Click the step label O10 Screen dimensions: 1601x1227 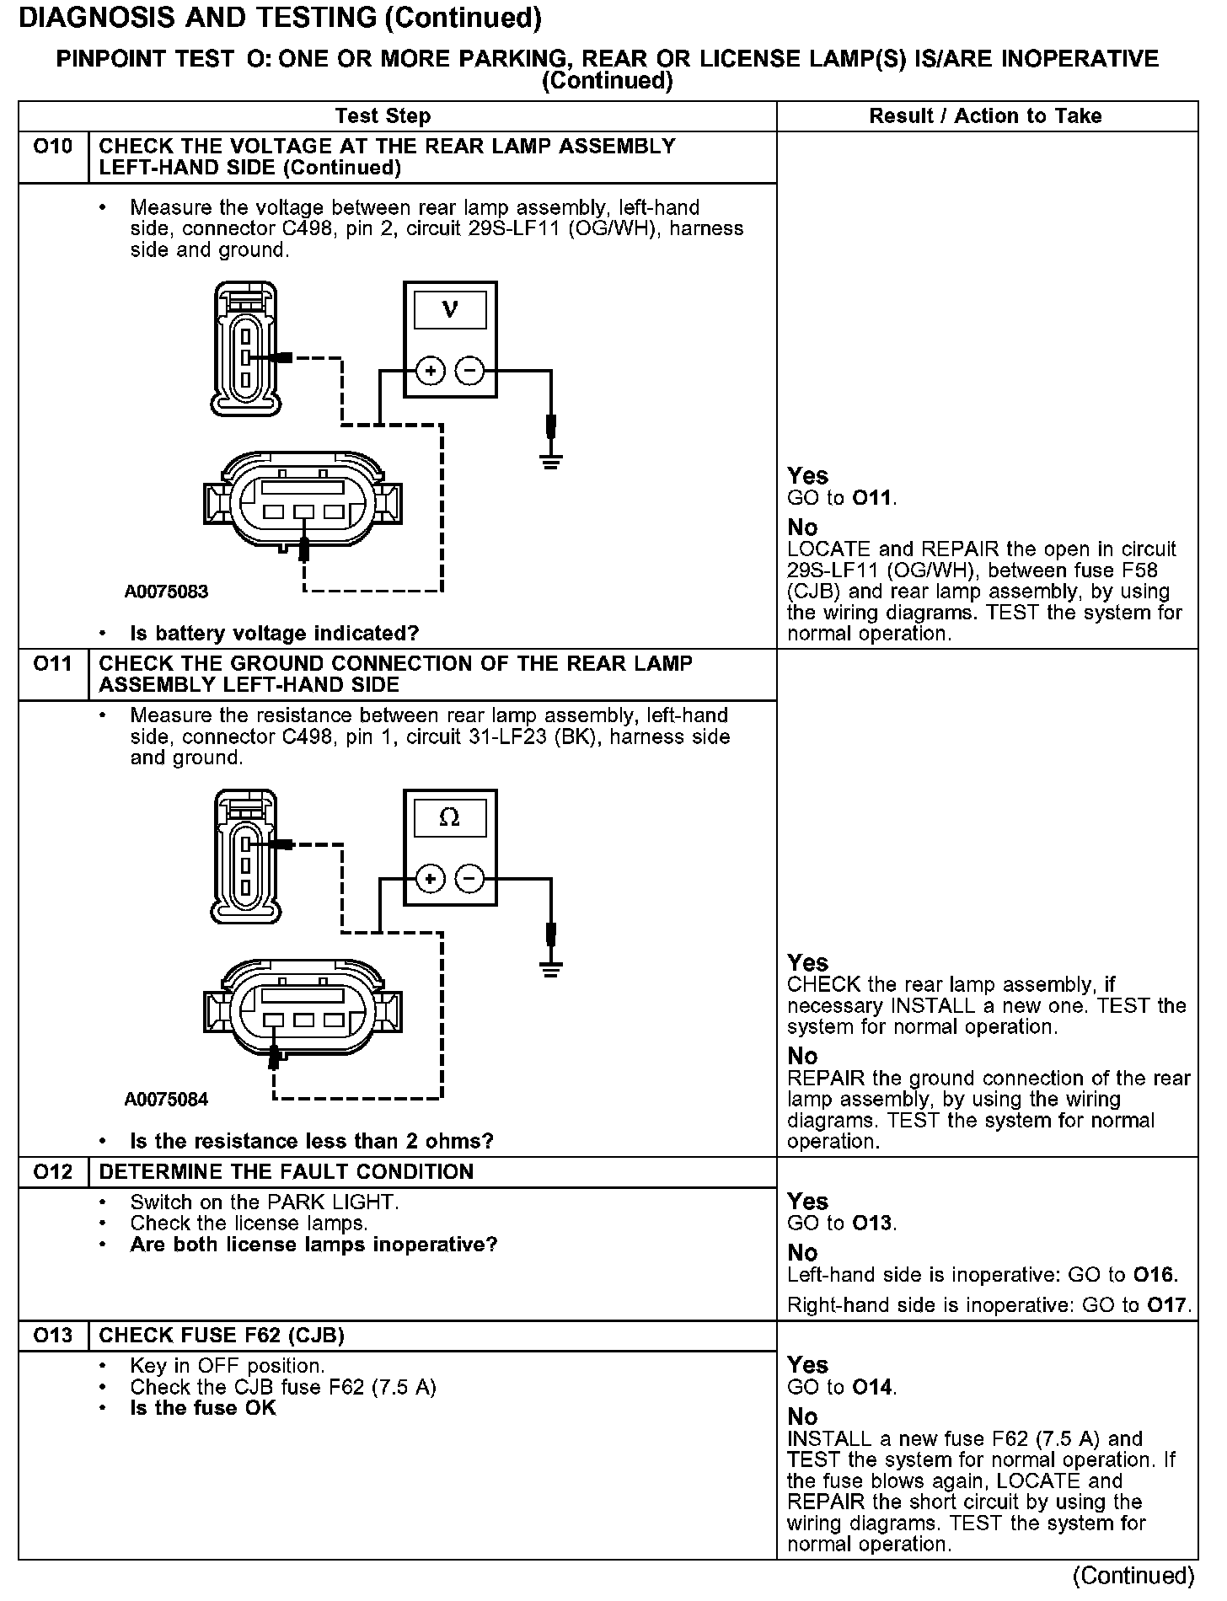[x=53, y=147]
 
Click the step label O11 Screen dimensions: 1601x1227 [x=53, y=664]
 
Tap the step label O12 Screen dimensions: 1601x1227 [x=53, y=1172]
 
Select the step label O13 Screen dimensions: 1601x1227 [x=53, y=1336]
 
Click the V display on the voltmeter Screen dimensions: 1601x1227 [x=450, y=309]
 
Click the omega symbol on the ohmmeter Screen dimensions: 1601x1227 [x=450, y=817]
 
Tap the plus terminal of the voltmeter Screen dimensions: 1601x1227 [x=430, y=371]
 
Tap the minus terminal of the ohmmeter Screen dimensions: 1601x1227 [x=470, y=879]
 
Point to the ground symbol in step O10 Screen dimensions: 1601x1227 [x=551, y=461]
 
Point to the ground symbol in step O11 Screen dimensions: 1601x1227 [x=551, y=969]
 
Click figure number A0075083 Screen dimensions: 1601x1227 [x=167, y=592]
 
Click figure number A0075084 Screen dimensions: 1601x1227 [x=167, y=1100]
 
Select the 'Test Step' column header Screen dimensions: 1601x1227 [x=383, y=116]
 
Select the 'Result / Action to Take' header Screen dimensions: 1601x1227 [x=985, y=116]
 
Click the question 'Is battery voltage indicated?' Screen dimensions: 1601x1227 [x=275, y=633]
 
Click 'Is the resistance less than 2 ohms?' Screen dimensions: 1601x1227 [x=312, y=1141]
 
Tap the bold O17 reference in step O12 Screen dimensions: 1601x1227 [x=1169, y=1305]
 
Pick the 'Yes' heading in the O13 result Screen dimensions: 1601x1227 [x=807, y=1364]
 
